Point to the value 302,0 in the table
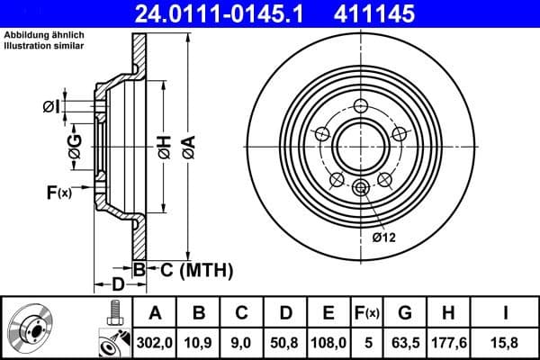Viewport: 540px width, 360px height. pos(154,341)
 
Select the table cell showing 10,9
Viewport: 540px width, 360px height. pos(200,341)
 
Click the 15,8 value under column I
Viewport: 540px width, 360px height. pos(508,341)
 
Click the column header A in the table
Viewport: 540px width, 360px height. pos(154,312)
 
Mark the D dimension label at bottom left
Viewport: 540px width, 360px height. pos(116,284)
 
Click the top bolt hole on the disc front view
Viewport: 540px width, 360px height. pos(361,104)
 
